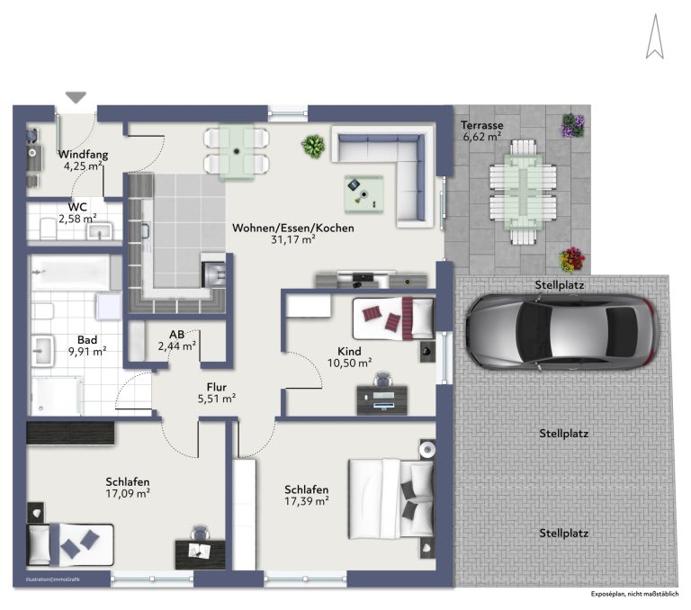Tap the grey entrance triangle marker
point(76,97)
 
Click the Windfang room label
point(83,154)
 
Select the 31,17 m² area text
point(293,239)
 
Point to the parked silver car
point(562,331)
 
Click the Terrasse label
point(482,125)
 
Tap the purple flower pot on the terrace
point(572,126)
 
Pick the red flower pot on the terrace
point(571,260)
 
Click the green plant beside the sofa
point(313,146)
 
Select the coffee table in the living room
point(364,194)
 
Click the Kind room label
point(349,351)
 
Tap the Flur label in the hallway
point(216,387)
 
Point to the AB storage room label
point(176,335)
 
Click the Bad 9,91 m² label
point(87,345)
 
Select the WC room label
point(77,207)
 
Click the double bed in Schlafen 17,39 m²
point(391,499)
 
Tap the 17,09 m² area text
point(128,493)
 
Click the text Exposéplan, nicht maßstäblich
point(634,594)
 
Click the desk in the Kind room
point(382,399)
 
